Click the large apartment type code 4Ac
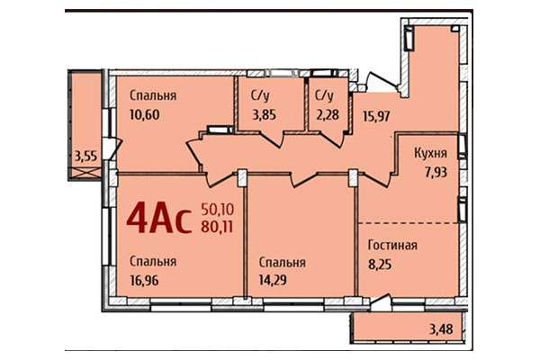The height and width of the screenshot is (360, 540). point(159,218)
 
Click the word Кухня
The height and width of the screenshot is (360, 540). point(431,152)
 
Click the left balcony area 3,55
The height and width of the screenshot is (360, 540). point(86,155)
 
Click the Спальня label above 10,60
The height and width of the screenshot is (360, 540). point(151,94)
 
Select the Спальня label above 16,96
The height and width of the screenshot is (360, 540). point(151,261)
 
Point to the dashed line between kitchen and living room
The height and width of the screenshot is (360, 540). point(409,221)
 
